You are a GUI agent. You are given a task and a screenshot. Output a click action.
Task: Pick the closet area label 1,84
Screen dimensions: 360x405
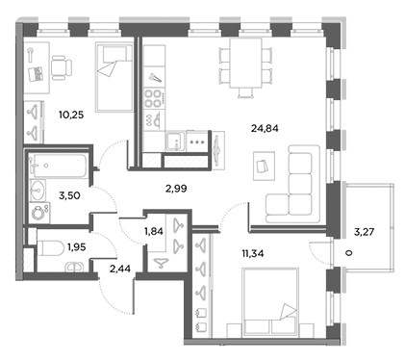[x=154, y=231]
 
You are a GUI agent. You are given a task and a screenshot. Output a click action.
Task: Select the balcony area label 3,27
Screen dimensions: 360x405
[x=366, y=231]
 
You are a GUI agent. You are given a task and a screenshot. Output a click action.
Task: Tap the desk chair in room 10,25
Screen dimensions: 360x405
[x=61, y=65]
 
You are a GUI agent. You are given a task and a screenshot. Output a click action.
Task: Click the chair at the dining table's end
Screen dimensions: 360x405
[x=248, y=91]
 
